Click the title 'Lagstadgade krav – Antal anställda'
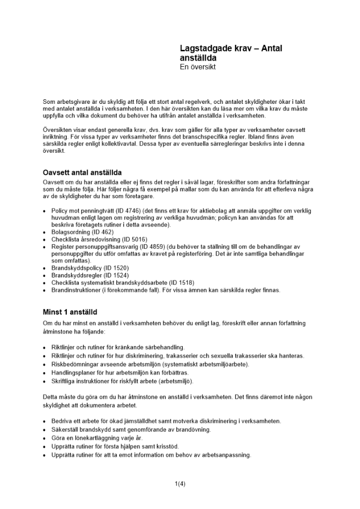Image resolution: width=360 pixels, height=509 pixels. (x=231, y=53)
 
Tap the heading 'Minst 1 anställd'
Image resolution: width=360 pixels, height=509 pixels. (x=70, y=312)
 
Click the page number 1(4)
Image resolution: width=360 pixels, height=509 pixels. (x=180, y=484)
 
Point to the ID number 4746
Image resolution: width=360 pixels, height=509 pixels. (x=119, y=210)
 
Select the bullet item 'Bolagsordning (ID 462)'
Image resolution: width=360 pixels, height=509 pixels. (x=82, y=232)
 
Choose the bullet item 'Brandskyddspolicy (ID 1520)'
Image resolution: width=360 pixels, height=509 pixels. (x=90, y=268)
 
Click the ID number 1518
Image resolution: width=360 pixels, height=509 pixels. (x=183, y=282)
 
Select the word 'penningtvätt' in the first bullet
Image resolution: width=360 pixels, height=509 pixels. (x=89, y=210)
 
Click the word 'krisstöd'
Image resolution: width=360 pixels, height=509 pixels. (x=154, y=446)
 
